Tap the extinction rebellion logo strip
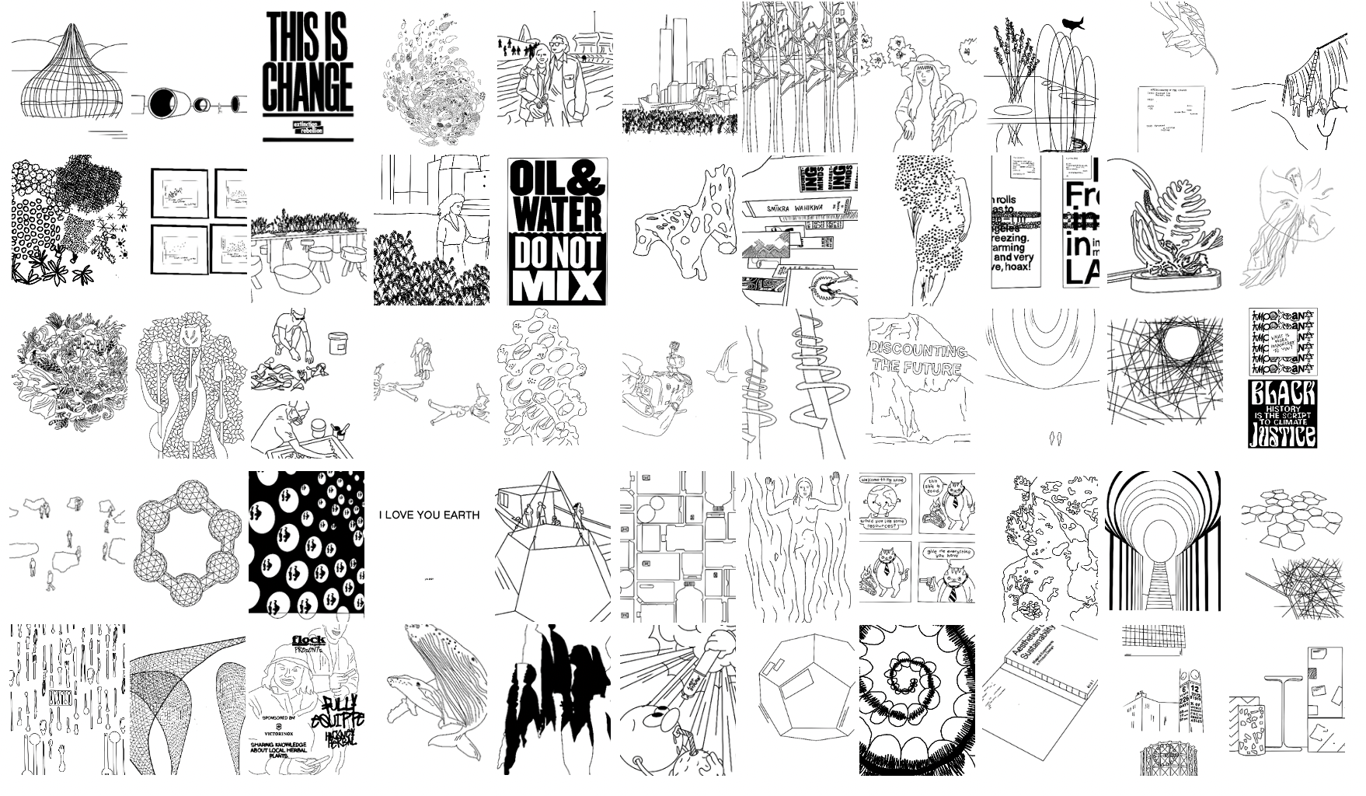pyautogui.click(x=307, y=128)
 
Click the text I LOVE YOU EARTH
pyautogui.click(x=429, y=515)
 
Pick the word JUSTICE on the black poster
pyautogui.click(x=1282, y=434)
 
